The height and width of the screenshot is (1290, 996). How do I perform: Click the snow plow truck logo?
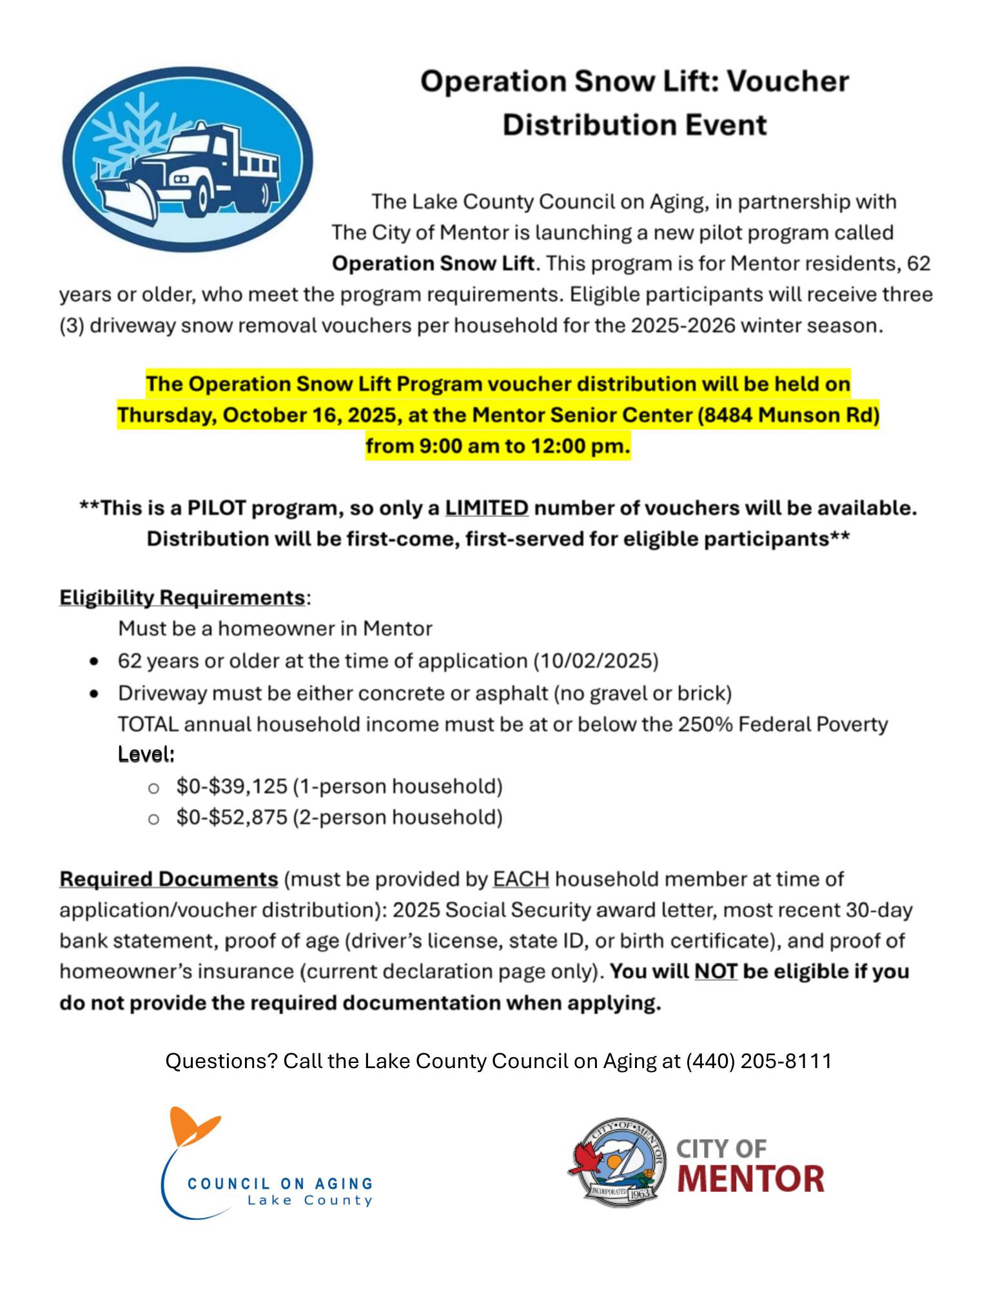187,159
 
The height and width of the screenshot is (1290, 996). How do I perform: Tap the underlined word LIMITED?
487,508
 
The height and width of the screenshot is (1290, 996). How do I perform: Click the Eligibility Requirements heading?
182,597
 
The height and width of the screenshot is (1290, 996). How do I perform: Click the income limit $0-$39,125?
231,786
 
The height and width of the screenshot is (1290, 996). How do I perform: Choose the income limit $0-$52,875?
231,817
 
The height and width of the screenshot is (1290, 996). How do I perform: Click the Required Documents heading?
168,879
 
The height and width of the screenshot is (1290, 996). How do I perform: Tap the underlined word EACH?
521,879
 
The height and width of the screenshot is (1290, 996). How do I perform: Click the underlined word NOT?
716,971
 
